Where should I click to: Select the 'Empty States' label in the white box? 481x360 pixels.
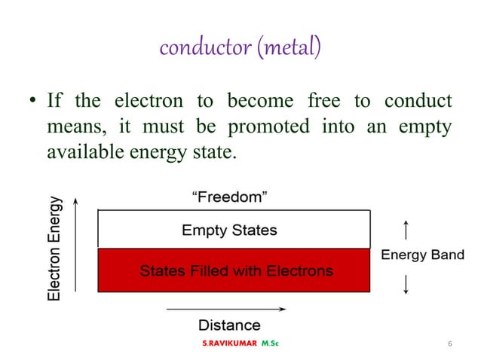tap(229, 230)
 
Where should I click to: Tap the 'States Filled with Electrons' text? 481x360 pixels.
tap(235, 270)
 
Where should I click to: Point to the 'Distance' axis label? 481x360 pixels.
tap(229, 325)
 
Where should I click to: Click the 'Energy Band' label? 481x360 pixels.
tap(422, 255)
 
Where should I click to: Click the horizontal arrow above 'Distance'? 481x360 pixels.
tap(226, 308)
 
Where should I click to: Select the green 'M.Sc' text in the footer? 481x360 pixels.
tap(268, 344)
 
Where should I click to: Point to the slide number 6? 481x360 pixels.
tap(449, 344)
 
